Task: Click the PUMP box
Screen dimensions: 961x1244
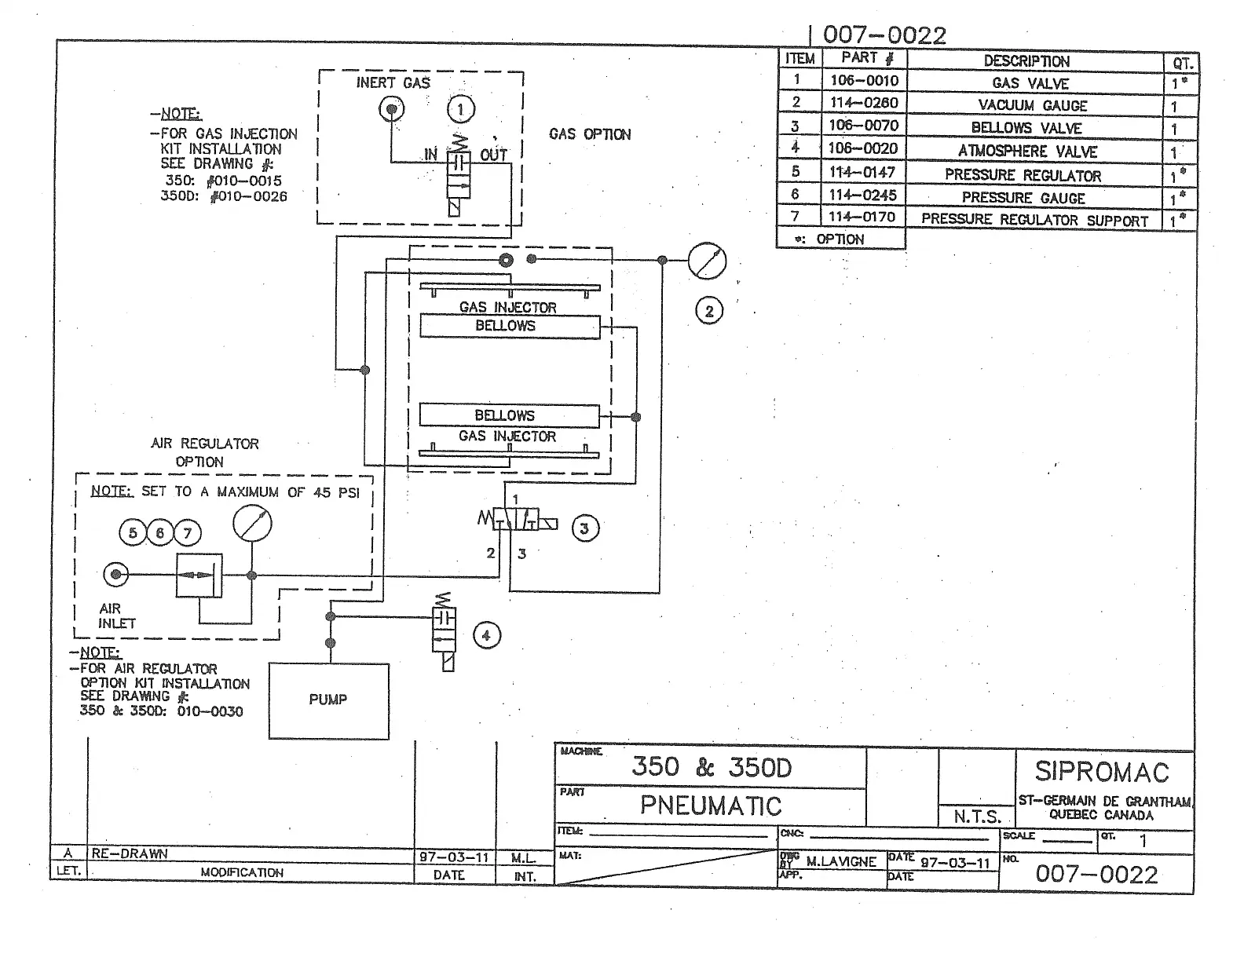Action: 328,700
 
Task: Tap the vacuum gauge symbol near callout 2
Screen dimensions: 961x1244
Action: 707,261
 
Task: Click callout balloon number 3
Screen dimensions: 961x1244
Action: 584,528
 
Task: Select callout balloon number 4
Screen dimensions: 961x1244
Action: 486,635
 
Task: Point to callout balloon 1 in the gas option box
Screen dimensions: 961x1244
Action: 461,109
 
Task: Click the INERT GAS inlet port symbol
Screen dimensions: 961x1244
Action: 392,109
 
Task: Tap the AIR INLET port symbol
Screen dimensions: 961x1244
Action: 116,575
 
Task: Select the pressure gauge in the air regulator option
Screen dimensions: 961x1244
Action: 253,524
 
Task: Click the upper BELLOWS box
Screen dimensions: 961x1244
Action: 509,326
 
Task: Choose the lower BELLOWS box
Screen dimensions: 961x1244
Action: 509,415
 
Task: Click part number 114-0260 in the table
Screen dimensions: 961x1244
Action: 864,103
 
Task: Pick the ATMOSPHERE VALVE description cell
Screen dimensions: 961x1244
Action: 1027,151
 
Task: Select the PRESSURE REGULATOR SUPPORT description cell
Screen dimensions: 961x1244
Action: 1034,220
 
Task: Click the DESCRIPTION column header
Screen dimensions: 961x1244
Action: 1026,60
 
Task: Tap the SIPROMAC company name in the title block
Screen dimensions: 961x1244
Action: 1102,772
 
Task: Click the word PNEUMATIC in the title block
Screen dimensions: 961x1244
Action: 711,806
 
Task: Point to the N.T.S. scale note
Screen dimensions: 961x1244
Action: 977,817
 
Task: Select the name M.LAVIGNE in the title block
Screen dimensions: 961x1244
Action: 841,861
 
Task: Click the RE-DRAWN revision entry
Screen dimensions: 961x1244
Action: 130,853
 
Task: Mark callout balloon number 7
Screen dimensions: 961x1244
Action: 187,534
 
